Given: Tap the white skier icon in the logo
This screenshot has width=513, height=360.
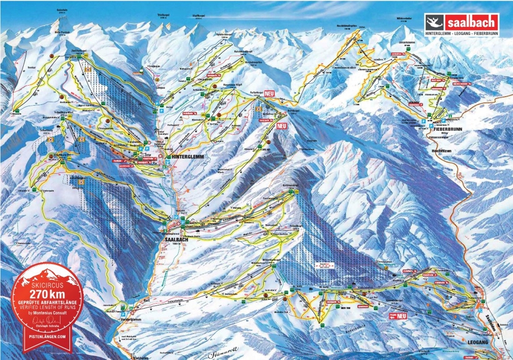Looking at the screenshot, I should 433,19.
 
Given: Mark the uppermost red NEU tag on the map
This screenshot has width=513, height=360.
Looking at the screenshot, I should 270,93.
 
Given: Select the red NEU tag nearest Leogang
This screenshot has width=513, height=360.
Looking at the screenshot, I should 401,316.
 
